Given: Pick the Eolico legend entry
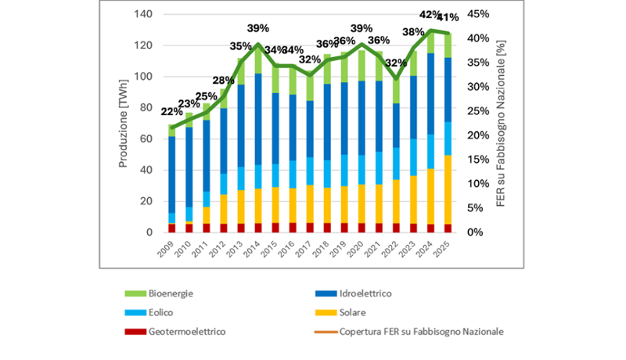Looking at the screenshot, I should tap(154, 312).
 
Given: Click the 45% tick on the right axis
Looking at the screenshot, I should tap(479, 15).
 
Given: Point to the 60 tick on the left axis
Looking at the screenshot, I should tap(146, 139).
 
